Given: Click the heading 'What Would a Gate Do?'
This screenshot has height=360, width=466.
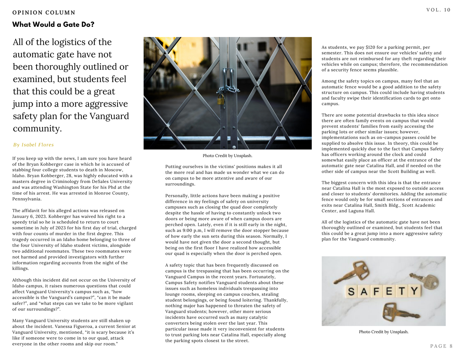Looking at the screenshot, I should coord(53,24).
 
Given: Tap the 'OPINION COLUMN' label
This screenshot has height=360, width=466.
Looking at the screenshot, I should coord(44,13).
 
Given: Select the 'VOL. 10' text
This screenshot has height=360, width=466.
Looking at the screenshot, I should coord(438,10).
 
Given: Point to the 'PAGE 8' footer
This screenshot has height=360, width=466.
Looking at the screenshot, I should coord(441,346).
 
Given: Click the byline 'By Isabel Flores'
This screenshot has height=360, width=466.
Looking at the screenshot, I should coord(33,145).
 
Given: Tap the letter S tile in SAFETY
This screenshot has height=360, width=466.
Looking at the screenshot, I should coord(351,291).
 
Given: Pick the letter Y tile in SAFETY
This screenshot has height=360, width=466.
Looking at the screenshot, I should coord(414,291).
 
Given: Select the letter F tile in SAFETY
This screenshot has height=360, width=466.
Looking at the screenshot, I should coord(377,291).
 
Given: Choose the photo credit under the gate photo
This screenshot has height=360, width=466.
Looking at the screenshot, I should coord(227,156).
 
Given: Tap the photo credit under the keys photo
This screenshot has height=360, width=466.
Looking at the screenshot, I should coord(384,332).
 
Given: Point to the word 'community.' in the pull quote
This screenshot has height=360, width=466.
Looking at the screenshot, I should coord(37,128).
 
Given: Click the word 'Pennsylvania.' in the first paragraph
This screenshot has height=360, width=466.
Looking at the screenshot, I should coord(27,199).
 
